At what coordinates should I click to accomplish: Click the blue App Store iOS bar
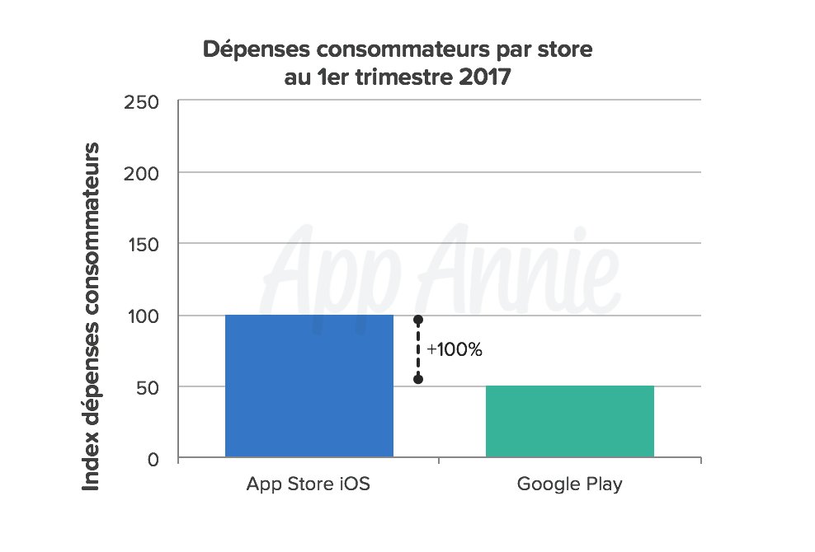[x=309, y=386]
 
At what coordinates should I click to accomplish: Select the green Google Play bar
[x=569, y=421]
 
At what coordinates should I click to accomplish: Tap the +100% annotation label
[x=454, y=349]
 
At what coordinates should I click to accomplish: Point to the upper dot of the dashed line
[x=418, y=320]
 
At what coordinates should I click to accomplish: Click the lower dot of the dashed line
[x=418, y=379]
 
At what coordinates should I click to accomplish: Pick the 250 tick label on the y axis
[x=142, y=101]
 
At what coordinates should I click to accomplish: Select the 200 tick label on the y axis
[x=142, y=173]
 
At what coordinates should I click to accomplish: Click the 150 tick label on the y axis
[x=142, y=244]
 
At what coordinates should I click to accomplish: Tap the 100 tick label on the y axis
[x=142, y=316]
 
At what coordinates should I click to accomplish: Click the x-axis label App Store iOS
[x=309, y=484]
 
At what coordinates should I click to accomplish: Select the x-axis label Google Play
[x=569, y=484]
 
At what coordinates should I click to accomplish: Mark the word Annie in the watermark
[x=529, y=264]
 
